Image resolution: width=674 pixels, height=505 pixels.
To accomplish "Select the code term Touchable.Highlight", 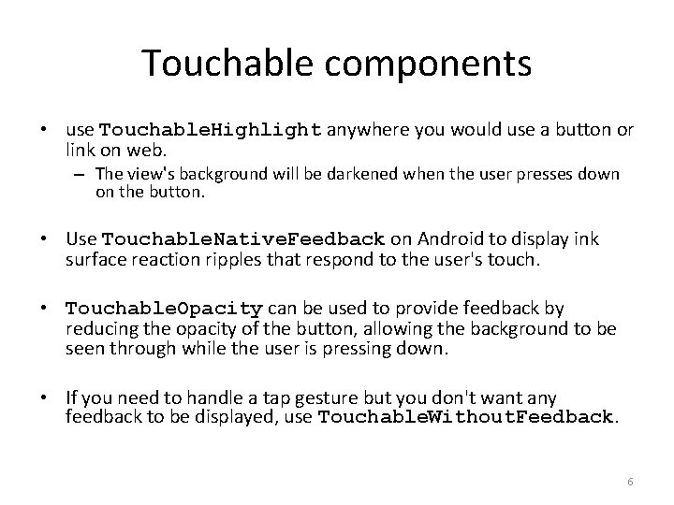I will point(211,129).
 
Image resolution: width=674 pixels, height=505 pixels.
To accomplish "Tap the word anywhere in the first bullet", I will point(373,129).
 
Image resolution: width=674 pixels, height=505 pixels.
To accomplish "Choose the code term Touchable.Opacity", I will point(165,309).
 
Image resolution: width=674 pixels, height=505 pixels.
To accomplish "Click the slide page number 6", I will point(630,482).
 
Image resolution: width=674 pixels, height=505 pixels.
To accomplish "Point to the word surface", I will point(94,258).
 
